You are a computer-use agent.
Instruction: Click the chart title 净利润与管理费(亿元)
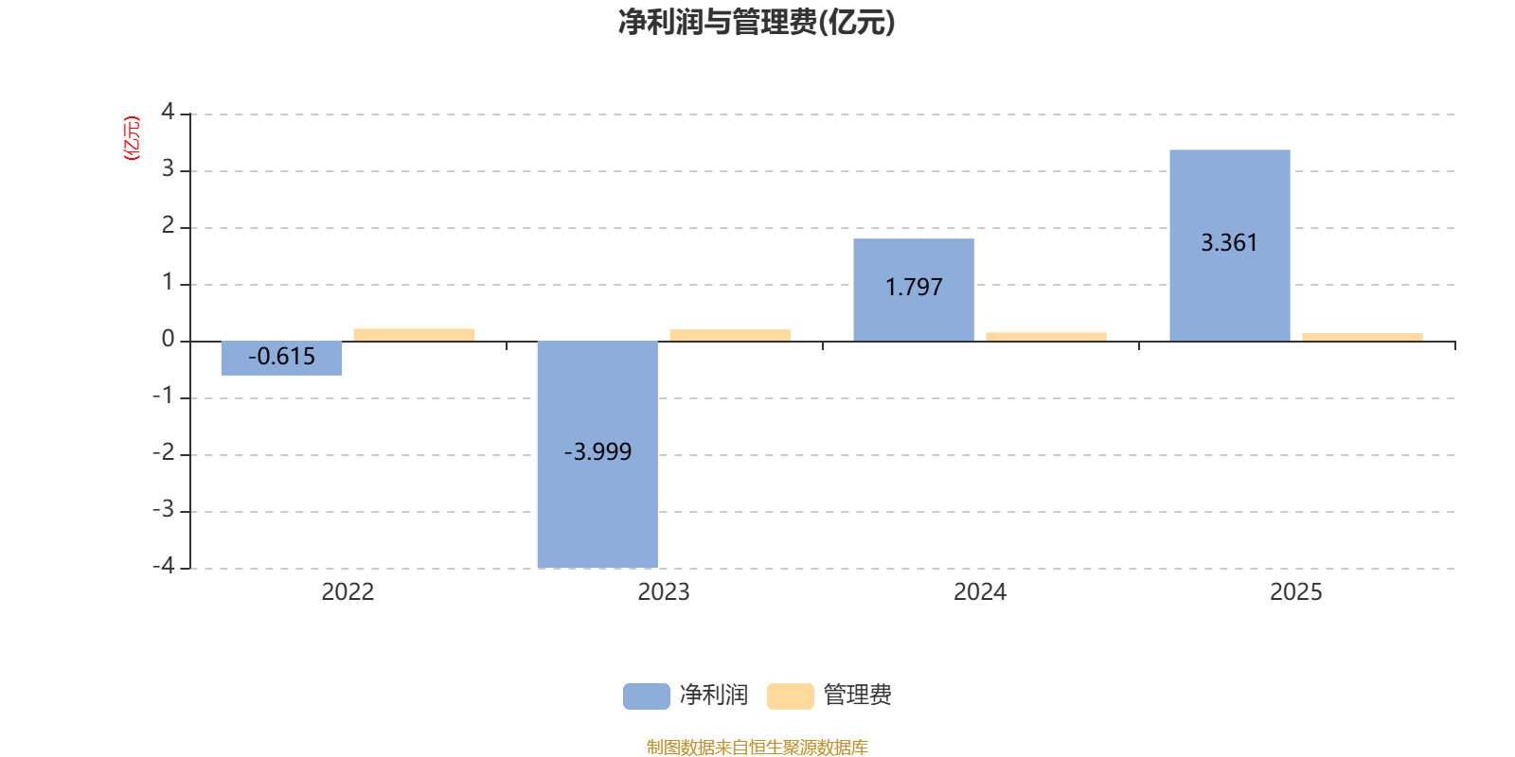pyautogui.click(x=757, y=22)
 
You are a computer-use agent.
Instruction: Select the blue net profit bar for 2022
pyautogui.click(x=281, y=359)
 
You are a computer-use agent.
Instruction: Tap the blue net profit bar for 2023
pyautogui.click(x=597, y=454)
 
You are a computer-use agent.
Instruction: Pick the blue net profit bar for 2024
pyautogui.click(x=914, y=290)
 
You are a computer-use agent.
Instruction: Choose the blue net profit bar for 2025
pyautogui.click(x=1230, y=245)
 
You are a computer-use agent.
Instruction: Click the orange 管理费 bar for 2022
pyautogui.click(x=414, y=335)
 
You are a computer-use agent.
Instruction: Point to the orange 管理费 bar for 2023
pyautogui.click(x=730, y=335)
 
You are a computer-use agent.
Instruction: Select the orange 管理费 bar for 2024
pyautogui.click(x=1046, y=337)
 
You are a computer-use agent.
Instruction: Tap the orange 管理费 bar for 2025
pyautogui.click(x=1363, y=337)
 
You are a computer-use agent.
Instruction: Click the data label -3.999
pyautogui.click(x=597, y=451)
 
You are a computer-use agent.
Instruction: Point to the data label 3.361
pyautogui.click(x=1229, y=242)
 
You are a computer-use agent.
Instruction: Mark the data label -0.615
pyautogui.click(x=281, y=356)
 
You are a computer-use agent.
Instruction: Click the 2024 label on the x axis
pyautogui.click(x=980, y=592)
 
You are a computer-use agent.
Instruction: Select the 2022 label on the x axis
pyautogui.click(x=348, y=592)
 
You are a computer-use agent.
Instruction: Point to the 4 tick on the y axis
pyautogui.click(x=168, y=112)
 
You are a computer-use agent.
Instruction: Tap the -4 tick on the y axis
pyautogui.click(x=163, y=566)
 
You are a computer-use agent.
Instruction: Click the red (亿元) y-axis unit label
pyautogui.click(x=132, y=138)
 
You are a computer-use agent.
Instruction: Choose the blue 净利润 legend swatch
pyautogui.click(x=647, y=696)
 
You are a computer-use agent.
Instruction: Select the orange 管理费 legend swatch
pyautogui.click(x=791, y=696)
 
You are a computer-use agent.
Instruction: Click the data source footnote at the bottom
pyautogui.click(x=757, y=747)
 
